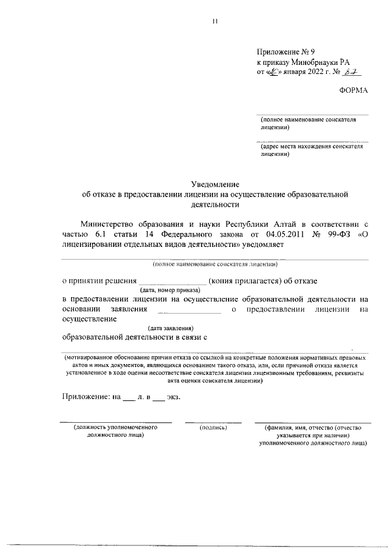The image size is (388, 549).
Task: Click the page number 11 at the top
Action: (214, 23)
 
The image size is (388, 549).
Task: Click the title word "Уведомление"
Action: (216, 184)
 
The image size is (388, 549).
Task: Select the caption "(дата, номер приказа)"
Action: (173, 290)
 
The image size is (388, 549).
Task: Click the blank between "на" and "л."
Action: (129, 398)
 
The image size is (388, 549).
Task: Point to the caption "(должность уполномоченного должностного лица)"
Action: (115, 431)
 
